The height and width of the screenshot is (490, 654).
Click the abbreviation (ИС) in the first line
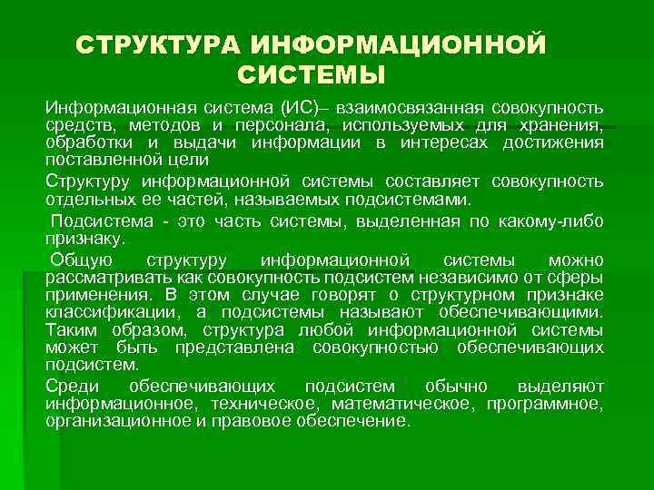pos(299,108)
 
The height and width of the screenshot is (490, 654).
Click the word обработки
pos(89,142)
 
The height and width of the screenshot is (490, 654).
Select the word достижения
pos(555,142)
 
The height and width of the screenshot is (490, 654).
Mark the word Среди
pos(71,385)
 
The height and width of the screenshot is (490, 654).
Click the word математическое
pos(404,402)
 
